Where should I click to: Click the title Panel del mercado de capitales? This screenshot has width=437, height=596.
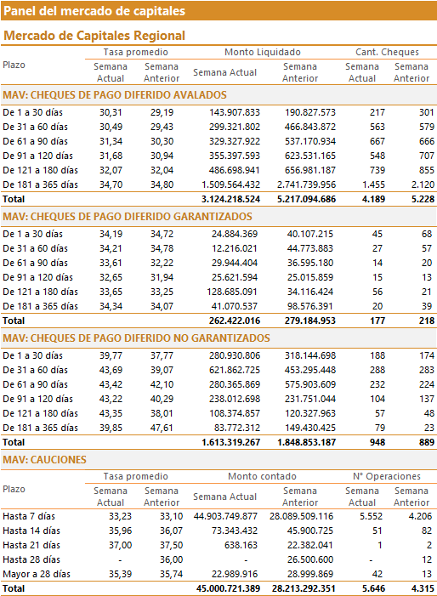pos(94,11)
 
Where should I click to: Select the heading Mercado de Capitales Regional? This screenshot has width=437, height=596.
pos(94,36)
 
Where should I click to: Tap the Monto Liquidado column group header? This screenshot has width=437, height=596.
pos(263,52)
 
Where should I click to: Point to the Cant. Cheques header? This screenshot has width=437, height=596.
pos(387,52)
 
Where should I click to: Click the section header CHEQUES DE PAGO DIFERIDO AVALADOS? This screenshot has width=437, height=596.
pos(115,95)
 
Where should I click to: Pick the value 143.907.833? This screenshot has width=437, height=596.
pos(235,112)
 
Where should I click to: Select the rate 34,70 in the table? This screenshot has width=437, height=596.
pos(111,184)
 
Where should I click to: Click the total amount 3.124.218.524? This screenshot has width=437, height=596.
pos(230,199)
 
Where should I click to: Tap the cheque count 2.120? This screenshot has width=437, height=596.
pos(423,184)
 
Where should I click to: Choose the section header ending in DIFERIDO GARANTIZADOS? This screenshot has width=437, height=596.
pos(128,217)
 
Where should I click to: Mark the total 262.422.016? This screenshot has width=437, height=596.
pos(235,321)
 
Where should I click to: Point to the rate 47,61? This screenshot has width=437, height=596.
pos(162,428)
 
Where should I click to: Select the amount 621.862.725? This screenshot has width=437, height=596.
pos(235,370)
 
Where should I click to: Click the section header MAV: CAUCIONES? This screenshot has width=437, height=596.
pos(44,460)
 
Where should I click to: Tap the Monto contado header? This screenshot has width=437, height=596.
pos(262,476)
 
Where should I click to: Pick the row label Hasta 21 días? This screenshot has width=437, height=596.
pos(31,546)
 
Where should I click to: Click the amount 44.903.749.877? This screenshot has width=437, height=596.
pos(225,517)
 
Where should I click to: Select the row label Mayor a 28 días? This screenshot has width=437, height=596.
pos(37,575)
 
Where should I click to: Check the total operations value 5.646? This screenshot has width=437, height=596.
pos(373,589)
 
